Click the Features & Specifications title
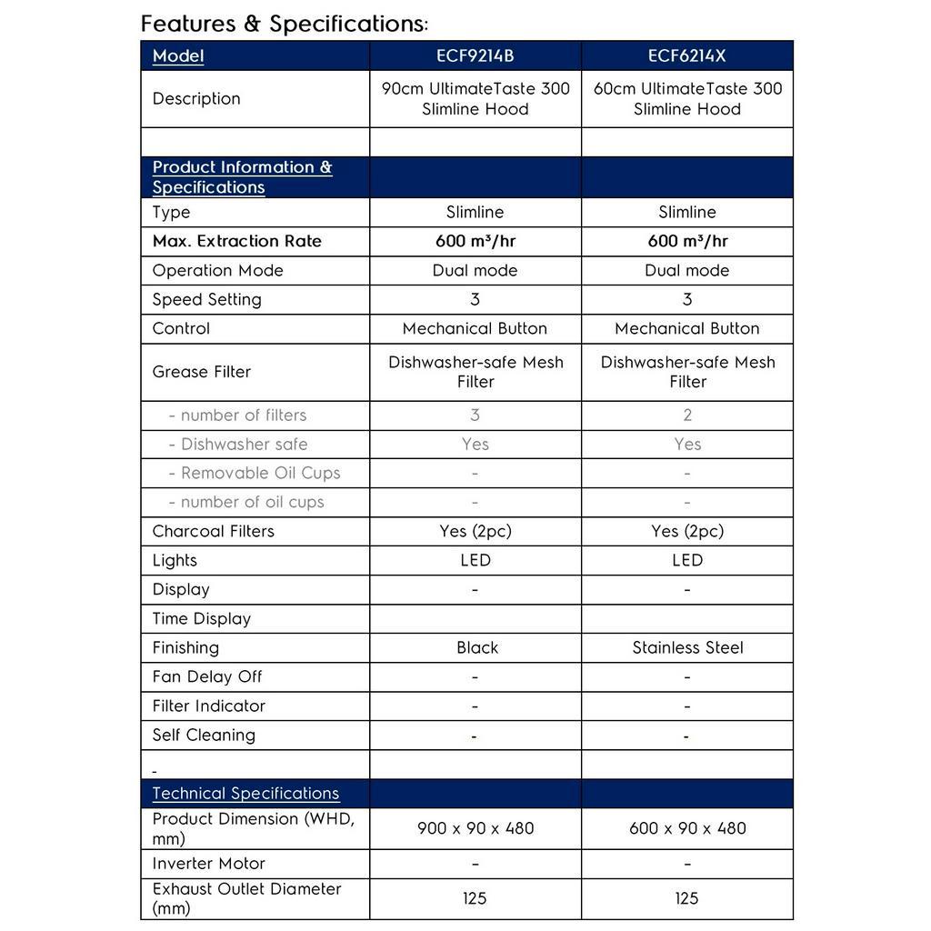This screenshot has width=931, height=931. pos(285,24)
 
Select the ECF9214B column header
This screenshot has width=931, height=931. pos(475,55)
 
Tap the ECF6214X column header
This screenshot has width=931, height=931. pos(686,55)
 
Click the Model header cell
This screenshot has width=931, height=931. pos(178,55)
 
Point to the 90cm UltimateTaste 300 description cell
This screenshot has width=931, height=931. pos(475,98)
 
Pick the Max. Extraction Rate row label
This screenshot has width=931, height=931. pos(236,241)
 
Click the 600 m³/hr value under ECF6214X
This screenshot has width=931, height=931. pos(686,241)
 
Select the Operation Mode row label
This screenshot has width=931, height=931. pos(217,270)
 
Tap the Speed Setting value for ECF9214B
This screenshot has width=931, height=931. pos(475,299)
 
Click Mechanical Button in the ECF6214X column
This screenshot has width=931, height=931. pos(686,328)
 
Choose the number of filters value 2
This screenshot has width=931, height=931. pos(687,415)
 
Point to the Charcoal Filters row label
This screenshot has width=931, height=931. pos(213,531)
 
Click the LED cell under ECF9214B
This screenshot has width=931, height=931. pos(475,560)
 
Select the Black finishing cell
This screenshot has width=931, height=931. pos(477,647)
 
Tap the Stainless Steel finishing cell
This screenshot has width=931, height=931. pos(687,647)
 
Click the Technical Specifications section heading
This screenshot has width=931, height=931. pos(245,793)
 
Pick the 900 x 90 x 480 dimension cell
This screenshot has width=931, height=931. pos(475,828)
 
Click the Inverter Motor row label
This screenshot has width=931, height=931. pos(208,863)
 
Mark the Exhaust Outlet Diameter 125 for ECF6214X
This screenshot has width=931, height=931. pos(686,898)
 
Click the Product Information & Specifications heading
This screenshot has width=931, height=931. pos(242,176)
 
